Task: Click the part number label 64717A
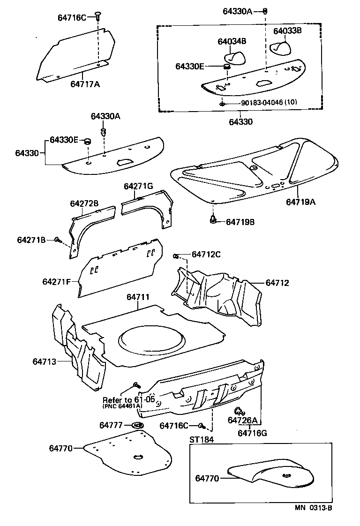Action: coord(85,84)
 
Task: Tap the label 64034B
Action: coord(232,41)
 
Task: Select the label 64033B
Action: coord(287,30)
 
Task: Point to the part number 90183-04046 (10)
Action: coord(263,102)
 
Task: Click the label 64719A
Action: coord(300,202)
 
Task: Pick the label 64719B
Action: coord(240,222)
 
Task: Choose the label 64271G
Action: coord(138,186)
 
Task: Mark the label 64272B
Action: coord(84,203)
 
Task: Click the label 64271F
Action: coord(56,282)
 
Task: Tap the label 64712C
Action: coord(206,255)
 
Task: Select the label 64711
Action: coord(138,297)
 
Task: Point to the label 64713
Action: coord(45,361)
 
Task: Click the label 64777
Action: coord(111,425)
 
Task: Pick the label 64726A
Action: coord(243,420)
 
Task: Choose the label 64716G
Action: coord(252,433)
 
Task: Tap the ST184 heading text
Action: coord(201,440)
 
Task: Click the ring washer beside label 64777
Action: coord(137,425)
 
